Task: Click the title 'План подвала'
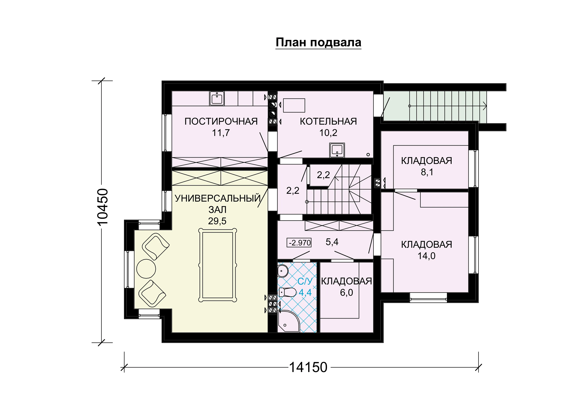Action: tap(318, 42)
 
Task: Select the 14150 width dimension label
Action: tap(308, 367)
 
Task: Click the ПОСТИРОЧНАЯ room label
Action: tap(221, 121)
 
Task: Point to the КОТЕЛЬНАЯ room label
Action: tap(328, 121)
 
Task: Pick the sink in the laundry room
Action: tap(217, 98)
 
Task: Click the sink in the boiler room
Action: tap(337, 150)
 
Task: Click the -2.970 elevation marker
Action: tap(299, 243)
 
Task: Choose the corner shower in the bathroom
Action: tap(289, 321)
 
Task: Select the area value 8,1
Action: tap(427, 172)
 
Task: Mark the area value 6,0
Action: tap(346, 293)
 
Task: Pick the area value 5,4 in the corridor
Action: tap(332, 242)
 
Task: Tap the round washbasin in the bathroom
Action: tap(283, 271)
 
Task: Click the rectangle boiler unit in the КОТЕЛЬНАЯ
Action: tap(294, 105)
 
